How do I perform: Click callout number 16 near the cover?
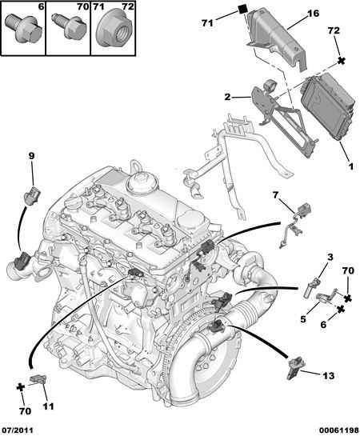313,13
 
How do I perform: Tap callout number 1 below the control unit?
351,166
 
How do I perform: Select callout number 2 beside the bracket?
227,97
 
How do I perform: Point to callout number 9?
31,156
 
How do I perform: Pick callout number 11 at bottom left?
48,406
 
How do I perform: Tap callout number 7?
275,195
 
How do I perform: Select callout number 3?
330,258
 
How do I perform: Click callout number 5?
303,319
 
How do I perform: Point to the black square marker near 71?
244,9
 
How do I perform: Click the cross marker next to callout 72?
342,61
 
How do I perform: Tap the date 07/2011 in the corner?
18,430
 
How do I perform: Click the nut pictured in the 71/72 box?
114,27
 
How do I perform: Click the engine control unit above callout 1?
328,106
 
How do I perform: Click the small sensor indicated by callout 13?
294,367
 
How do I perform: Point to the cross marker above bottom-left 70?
21,387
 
